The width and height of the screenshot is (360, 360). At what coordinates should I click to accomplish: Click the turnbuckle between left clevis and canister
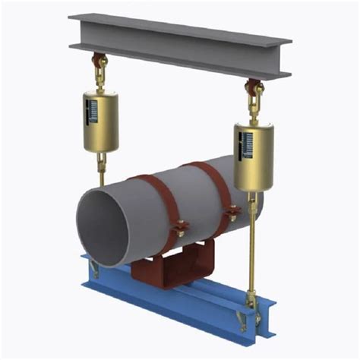coord(99,77)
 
